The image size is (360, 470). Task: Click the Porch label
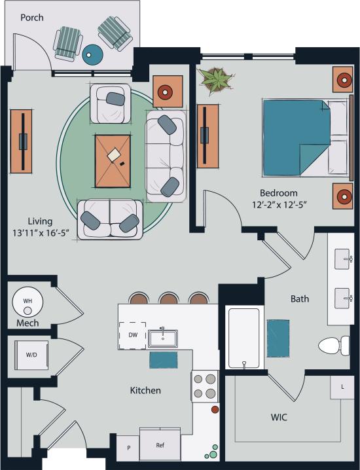pyautogui.click(x=31, y=18)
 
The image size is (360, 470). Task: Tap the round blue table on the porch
pyautogui.click(x=93, y=54)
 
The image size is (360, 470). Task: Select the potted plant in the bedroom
pyautogui.click(x=215, y=79)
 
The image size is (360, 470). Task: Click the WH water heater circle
pyautogui.click(x=27, y=301)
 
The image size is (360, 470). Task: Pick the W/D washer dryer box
pyautogui.click(x=31, y=355)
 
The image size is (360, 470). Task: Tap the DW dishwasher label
pyautogui.click(x=132, y=335)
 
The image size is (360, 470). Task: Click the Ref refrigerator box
pyautogui.click(x=160, y=445)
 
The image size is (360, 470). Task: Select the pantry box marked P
pyautogui.click(x=128, y=448)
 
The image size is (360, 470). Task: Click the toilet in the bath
pyautogui.click(x=334, y=345)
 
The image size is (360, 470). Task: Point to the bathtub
pyautogui.click(x=243, y=337)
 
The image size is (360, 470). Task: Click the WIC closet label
pyautogui.click(x=280, y=417)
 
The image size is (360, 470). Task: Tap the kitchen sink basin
pyautogui.click(x=163, y=338)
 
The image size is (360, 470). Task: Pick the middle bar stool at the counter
pyautogui.click(x=168, y=298)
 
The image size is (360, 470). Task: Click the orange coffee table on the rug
pyautogui.click(x=113, y=160)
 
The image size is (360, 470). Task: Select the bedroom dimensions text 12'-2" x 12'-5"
pyautogui.click(x=279, y=204)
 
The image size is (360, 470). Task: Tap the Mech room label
pyautogui.click(x=27, y=323)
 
